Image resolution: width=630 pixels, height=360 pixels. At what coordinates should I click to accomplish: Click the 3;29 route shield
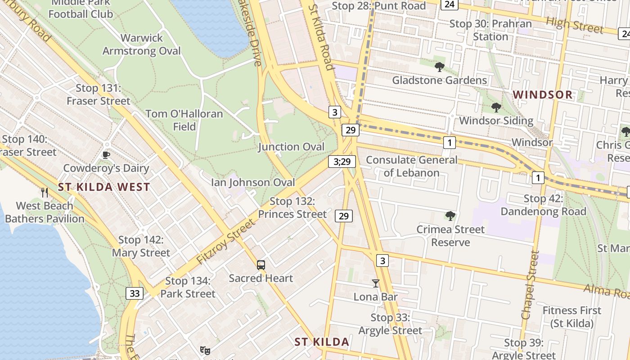[x=342, y=161]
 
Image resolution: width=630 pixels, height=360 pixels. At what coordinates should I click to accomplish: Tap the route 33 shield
[x=134, y=294]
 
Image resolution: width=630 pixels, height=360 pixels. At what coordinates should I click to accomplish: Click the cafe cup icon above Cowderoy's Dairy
[x=106, y=155]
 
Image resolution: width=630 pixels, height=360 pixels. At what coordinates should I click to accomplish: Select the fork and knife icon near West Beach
[x=44, y=193]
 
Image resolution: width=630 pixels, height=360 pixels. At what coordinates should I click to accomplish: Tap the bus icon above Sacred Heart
[x=261, y=265]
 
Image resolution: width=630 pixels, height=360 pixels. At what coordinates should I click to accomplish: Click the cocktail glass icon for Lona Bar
[x=376, y=283]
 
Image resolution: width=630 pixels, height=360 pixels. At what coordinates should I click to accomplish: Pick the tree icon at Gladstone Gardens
[x=440, y=67]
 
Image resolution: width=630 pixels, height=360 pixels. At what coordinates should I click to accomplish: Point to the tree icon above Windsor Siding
[x=496, y=108]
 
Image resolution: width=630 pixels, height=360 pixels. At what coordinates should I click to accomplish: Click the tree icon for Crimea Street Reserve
[x=450, y=216]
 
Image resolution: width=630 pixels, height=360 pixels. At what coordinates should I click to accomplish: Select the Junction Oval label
[x=291, y=147]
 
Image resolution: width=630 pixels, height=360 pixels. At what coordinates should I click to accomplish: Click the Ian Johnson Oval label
[x=253, y=182]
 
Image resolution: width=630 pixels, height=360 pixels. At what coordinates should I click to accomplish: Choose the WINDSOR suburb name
[x=543, y=95]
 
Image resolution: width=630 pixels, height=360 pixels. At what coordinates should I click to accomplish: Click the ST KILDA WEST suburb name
[x=104, y=187]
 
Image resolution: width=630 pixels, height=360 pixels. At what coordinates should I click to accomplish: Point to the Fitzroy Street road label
[x=225, y=242]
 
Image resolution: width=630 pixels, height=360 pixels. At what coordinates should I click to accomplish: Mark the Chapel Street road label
[x=530, y=285]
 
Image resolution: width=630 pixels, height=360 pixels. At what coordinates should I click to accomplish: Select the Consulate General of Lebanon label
[x=411, y=166]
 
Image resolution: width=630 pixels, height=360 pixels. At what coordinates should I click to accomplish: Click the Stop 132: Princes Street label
[x=292, y=208]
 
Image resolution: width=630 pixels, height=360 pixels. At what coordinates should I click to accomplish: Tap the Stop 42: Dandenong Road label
[x=543, y=205]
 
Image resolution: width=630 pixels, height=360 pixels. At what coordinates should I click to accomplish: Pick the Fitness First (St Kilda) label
[x=571, y=317]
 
